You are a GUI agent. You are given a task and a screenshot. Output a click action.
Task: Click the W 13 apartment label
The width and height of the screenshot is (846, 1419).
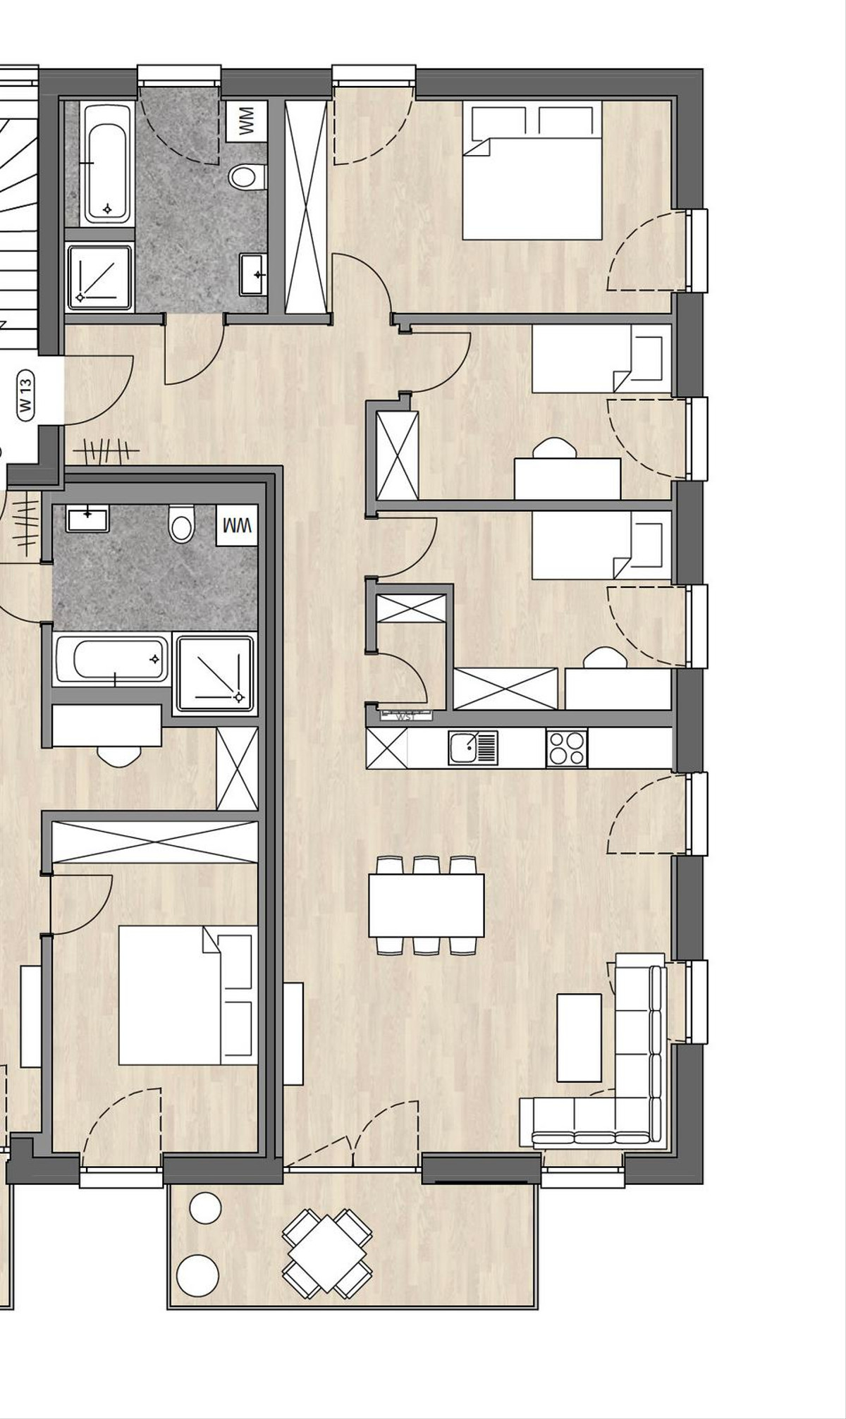[x=26, y=395]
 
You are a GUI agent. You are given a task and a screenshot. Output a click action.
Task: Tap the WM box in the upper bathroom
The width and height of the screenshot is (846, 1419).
[x=247, y=121]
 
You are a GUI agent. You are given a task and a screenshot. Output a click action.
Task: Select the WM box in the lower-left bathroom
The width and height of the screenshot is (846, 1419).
[x=237, y=526]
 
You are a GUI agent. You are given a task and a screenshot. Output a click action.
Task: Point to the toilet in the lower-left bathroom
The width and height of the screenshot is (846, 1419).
[x=181, y=525]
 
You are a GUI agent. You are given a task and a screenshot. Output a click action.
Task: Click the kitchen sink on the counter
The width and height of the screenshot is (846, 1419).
[x=472, y=747]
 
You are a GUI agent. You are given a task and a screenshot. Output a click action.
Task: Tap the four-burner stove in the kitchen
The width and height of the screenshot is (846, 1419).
[x=566, y=748]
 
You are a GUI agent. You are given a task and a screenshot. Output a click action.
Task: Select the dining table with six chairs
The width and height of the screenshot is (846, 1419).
[x=426, y=905]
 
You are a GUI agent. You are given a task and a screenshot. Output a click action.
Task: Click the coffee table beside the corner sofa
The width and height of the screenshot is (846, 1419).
[x=579, y=1038]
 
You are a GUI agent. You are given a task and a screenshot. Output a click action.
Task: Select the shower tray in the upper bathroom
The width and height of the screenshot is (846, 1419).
[x=99, y=277]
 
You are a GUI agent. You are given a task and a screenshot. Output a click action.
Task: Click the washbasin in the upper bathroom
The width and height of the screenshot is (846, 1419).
[x=252, y=274]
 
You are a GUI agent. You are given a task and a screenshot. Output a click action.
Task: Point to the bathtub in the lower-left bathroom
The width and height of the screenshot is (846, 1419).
[x=112, y=660]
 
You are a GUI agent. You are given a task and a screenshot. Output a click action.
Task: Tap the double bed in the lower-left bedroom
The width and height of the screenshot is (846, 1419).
[x=187, y=995]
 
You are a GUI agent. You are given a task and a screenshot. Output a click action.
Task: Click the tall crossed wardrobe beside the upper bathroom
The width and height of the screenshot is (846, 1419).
[x=306, y=206]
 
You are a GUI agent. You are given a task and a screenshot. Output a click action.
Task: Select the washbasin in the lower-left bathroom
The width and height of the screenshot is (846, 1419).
[x=87, y=520]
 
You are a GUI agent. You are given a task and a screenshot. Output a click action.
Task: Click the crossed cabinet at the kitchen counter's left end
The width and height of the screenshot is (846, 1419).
[x=387, y=748]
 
